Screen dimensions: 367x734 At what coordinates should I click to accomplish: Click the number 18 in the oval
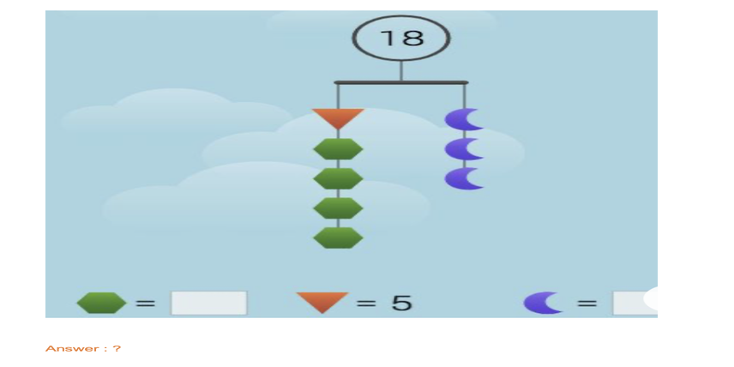401,38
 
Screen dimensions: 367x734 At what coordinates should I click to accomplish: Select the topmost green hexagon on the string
339,149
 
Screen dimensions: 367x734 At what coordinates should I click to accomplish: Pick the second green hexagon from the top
339,179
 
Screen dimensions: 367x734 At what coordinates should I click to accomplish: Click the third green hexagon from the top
339,208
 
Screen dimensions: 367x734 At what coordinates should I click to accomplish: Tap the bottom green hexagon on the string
339,238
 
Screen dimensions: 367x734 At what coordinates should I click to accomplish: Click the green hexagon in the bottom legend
101,303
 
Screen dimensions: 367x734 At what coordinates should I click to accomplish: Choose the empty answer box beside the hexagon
208,303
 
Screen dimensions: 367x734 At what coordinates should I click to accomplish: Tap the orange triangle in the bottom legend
322,302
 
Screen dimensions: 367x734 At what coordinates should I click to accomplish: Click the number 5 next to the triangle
401,303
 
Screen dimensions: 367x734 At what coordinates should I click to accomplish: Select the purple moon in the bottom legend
543,303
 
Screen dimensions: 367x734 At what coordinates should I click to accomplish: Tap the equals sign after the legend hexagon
146,303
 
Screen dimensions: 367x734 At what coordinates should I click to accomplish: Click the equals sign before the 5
367,303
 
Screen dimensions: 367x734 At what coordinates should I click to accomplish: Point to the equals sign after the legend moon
587,303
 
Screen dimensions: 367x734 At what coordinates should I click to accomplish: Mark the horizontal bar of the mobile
400,83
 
